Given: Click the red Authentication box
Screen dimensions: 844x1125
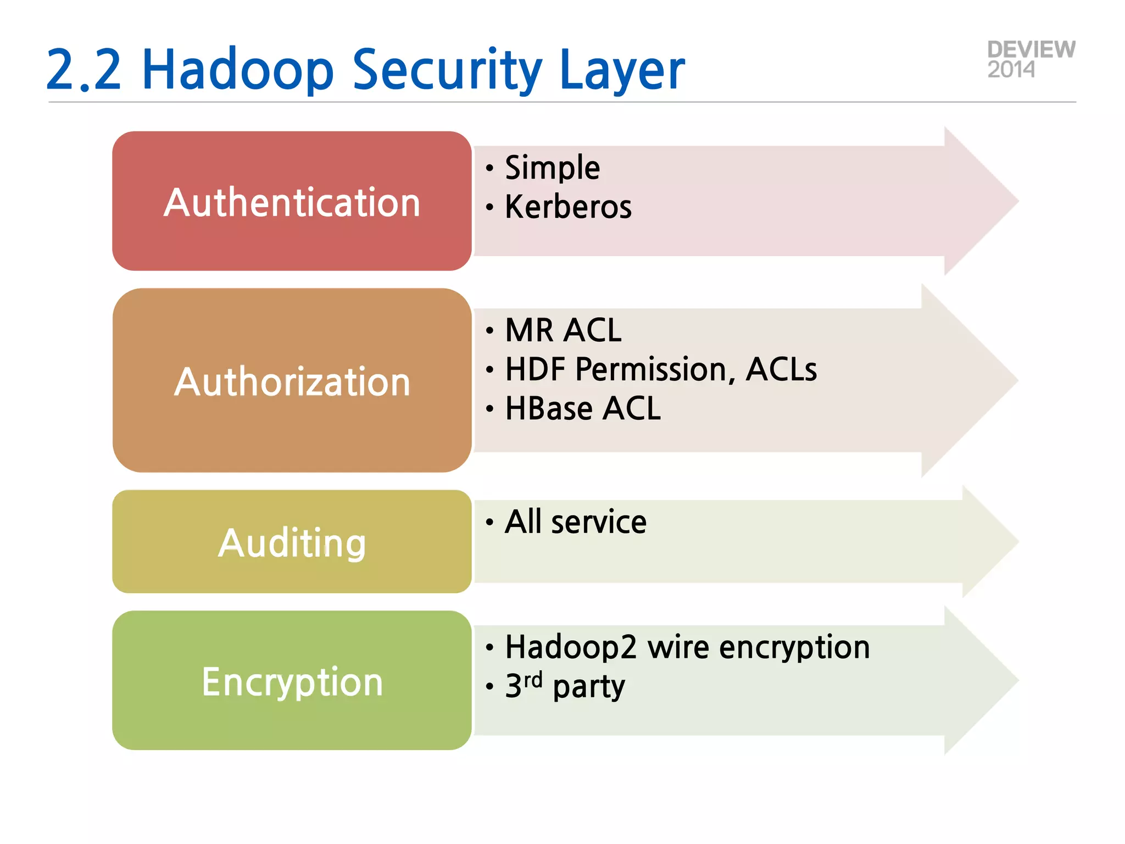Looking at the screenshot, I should (x=292, y=201).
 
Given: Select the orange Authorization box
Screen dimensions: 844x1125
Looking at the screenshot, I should (x=292, y=380).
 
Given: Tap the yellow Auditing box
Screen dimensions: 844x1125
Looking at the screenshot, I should (x=292, y=542).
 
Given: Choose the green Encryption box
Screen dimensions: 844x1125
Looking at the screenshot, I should (x=292, y=680).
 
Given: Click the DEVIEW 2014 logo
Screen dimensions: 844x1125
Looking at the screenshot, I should (x=1031, y=59).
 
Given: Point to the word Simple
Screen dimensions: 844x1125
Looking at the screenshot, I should (x=552, y=167).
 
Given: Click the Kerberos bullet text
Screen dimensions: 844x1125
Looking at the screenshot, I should (x=568, y=207).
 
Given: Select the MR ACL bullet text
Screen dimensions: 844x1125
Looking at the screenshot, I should (x=563, y=330).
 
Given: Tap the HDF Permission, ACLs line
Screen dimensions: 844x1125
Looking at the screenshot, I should (x=660, y=369).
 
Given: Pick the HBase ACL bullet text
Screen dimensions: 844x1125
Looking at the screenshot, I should (x=582, y=408).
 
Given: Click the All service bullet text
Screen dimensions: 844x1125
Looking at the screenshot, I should (x=575, y=521).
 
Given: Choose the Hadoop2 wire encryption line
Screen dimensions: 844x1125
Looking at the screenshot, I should (x=687, y=647).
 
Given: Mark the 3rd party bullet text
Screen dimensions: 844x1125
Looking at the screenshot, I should (x=565, y=686).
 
